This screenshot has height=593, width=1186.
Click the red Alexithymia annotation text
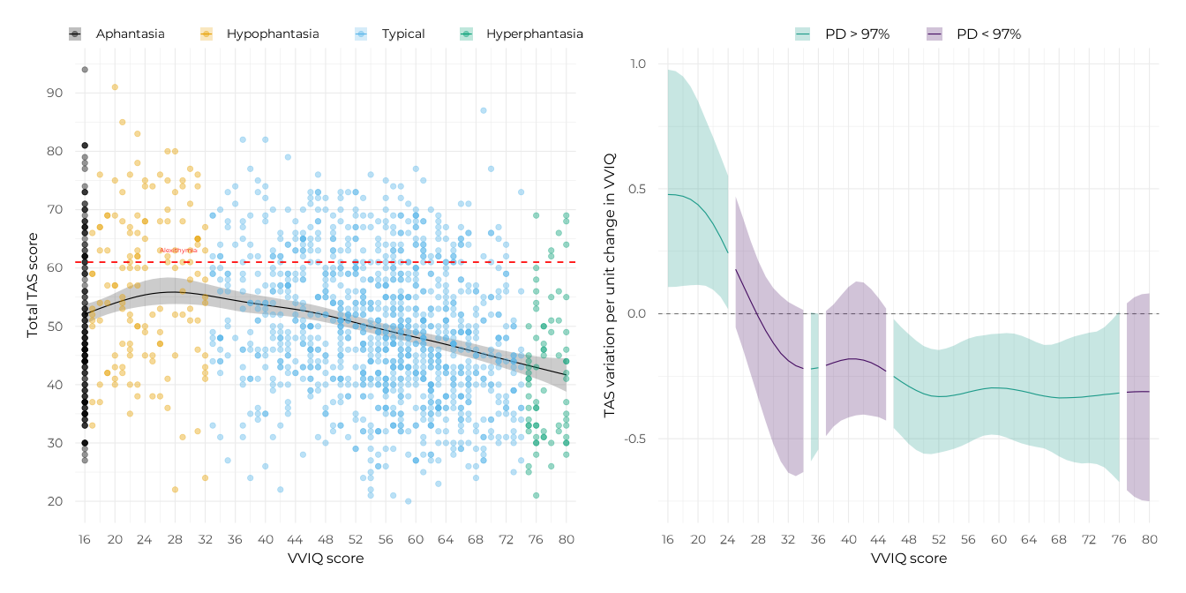pos(178,251)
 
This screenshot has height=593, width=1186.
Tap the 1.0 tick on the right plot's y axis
pos(637,64)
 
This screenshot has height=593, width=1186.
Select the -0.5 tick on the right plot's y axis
pos(635,439)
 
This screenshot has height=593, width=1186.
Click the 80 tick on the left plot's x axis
pos(566,539)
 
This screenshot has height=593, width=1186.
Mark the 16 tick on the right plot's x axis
pos(668,539)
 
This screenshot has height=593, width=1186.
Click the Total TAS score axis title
pos(33,284)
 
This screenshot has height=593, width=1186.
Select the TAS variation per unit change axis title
pos(609,284)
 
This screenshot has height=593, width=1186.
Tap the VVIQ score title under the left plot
pos(325,559)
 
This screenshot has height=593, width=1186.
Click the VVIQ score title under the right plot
pos(908,559)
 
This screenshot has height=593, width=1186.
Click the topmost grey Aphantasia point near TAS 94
pos(85,70)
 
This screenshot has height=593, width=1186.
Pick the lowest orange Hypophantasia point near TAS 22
pos(175,490)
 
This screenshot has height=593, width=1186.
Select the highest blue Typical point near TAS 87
pos(484,110)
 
